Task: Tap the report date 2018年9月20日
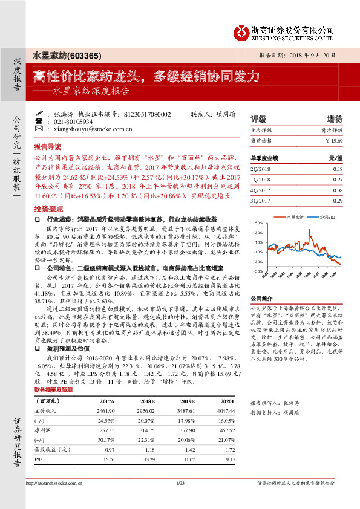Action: (318, 54)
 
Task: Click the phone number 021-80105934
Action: (76, 122)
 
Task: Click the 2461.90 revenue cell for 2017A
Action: (105, 410)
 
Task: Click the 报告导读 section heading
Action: (48, 146)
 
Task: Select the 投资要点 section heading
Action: (48, 206)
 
